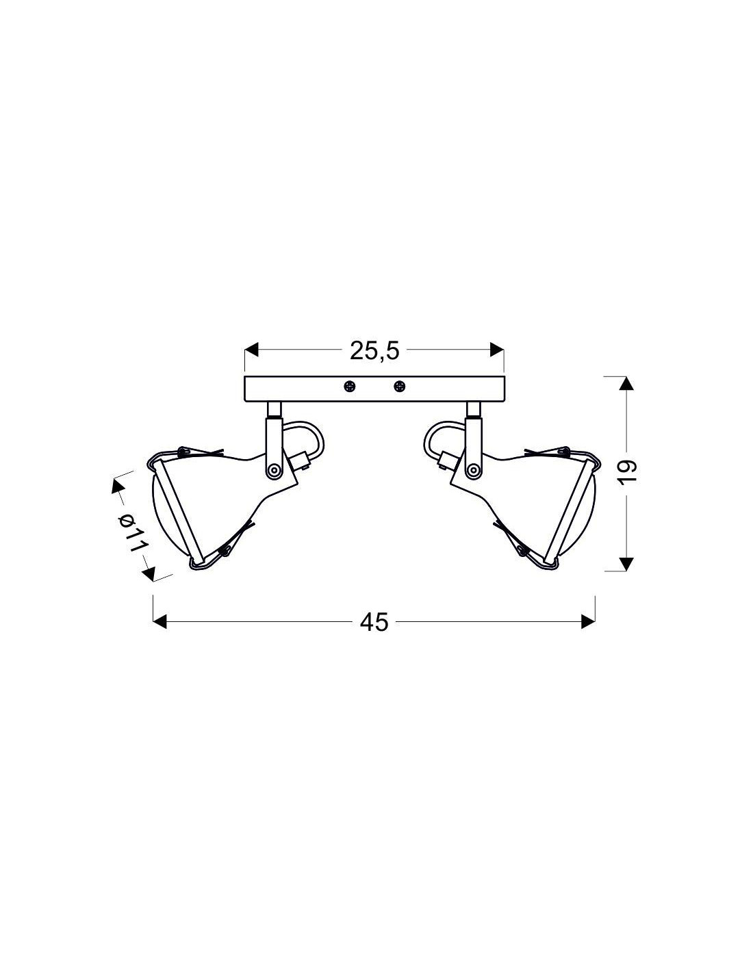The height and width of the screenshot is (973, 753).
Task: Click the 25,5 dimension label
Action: point(374,351)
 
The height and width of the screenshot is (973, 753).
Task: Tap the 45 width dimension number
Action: point(374,622)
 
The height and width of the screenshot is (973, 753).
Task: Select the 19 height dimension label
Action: point(629,471)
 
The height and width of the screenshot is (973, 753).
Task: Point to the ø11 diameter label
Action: point(133,534)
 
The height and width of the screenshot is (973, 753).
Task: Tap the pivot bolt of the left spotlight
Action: point(273,469)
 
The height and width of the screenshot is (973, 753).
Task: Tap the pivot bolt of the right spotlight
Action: point(472,469)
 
